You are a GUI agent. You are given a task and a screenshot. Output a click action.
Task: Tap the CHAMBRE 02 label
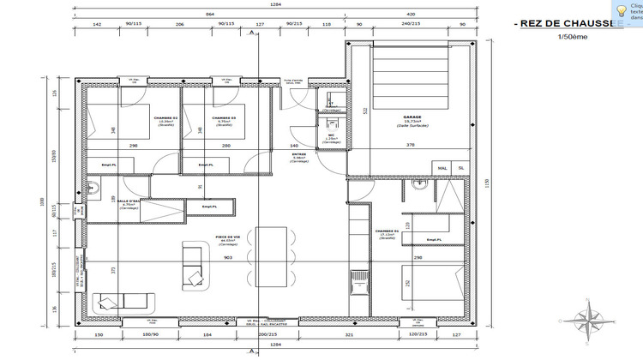(x=165, y=117)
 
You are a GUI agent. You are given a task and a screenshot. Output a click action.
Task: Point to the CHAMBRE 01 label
(x=387, y=231)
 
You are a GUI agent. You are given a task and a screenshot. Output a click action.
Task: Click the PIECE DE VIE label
(x=226, y=237)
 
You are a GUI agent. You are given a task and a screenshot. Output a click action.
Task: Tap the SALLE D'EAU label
(x=129, y=201)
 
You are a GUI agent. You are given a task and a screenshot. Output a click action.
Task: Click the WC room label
(x=330, y=135)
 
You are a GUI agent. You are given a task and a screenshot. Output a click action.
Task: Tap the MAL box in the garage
(x=442, y=168)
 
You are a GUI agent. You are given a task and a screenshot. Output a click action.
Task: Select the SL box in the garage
(x=460, y=168)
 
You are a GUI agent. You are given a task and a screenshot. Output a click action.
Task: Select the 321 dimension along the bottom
(x=350, y=336)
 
